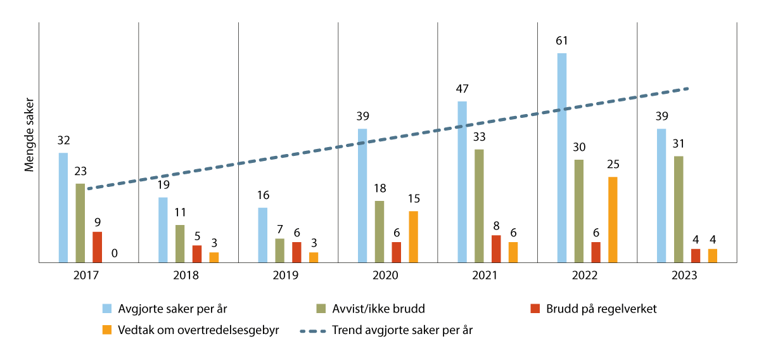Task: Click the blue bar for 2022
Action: (x=561, y=158)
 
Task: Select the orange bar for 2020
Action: (x=413, y=236)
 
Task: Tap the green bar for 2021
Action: (x=479, y=205)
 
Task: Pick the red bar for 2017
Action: (x=97, y=247)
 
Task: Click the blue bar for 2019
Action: (x=262, y=235)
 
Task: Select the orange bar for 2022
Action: (x=613, y=219)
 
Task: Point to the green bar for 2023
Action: (x=679, y=209)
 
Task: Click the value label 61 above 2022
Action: (x=561, y=41)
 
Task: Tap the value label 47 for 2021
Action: (x=462, y=89)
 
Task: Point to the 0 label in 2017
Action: (x=114, y=253)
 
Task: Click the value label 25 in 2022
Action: (x=613, y=165)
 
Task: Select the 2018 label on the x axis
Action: (x=188, y=276)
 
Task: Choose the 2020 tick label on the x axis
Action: (x=387, y=276)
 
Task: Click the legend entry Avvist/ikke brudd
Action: (x=379, y=309)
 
